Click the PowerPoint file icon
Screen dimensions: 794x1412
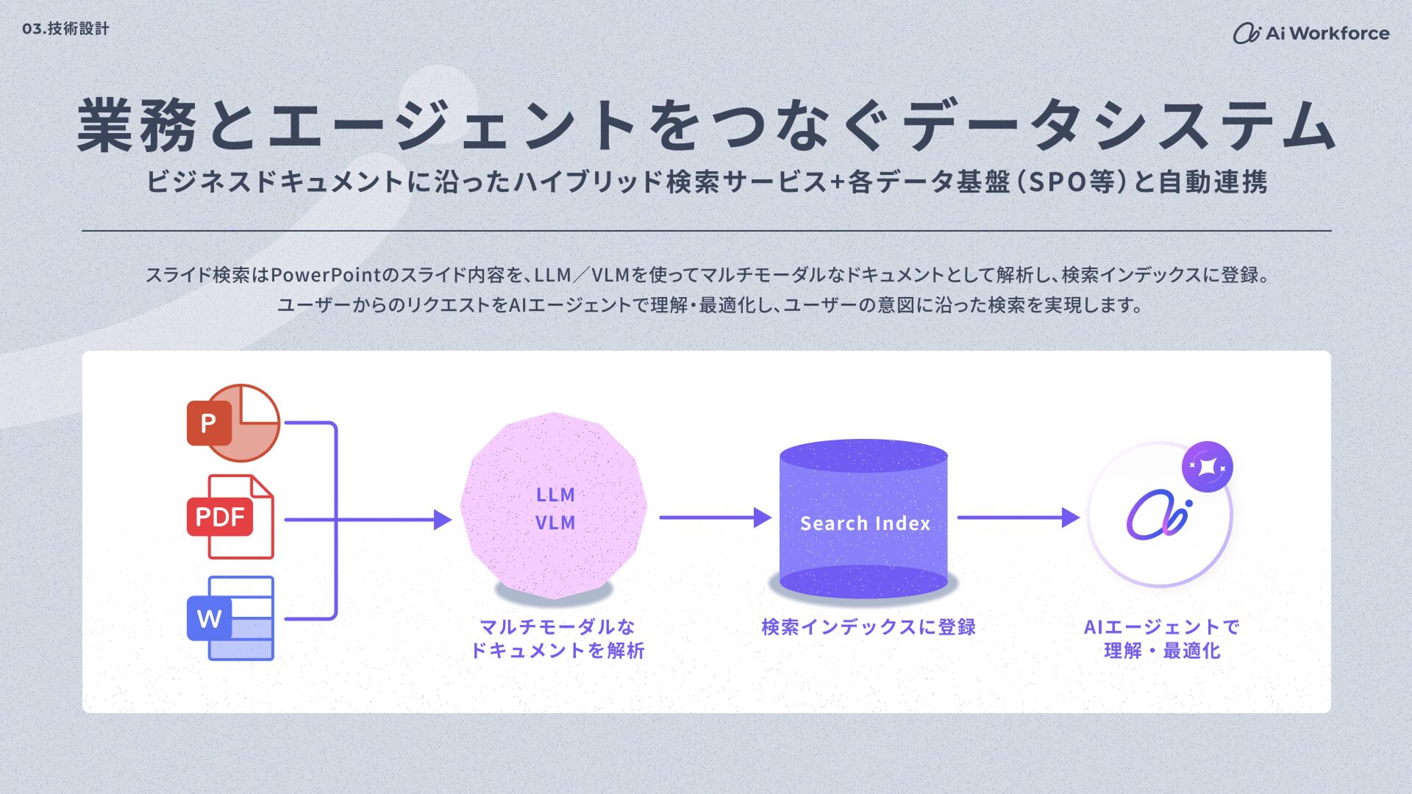(x=233, y=423)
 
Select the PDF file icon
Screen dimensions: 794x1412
(x=230, y=517)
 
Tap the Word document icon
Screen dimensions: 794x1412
(x=230, y=618)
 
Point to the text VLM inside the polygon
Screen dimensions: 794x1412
(x=555, y=523)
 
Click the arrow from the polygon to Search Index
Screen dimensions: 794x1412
(x=713, y=518)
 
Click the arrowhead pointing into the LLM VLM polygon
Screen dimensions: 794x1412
(x=442, y=520)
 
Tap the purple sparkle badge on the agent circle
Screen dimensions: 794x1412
(x=1207, y=467)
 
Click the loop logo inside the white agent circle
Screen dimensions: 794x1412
(x=1158, y=514)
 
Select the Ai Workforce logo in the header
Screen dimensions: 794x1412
(x=1311, y=33)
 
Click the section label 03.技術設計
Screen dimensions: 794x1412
(x=65, y=29)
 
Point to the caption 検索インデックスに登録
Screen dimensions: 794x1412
(x=869, y=627)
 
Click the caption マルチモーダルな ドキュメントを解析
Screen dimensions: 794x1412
(x=557, y=638)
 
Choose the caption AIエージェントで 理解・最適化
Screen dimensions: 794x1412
(x=1162, y=638)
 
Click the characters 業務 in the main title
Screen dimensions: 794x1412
(x=137, y=126)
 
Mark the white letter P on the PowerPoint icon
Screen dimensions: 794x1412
(x=208, y=423)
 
